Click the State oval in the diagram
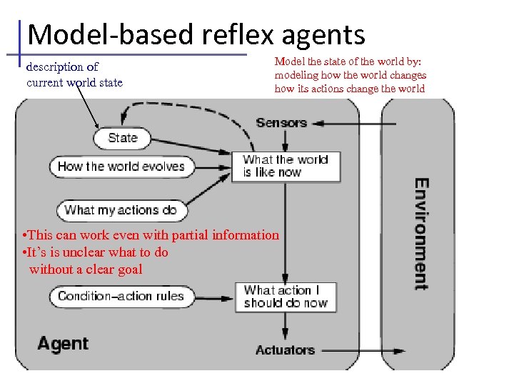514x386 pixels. pyautogui.click(x=122, y=138)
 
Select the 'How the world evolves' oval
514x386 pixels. pyautogui.click(x=121, y=167)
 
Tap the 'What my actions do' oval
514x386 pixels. pyautogui.click(x=120, y=210)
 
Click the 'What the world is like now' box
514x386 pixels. pyautogui.click(x=285, y=167)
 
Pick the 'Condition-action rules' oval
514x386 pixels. pyautogui.click(x=121, y=296)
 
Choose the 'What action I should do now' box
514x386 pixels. pyautogui.click(x=285, y=297)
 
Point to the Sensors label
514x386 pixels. pyautogui.click(x=281, y=123)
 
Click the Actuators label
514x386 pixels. pyautogui.click(x=285, y=350)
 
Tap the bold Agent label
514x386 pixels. pyautogui.click(x=63, y=344)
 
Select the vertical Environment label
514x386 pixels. pyautogui.click(x=421, y=234)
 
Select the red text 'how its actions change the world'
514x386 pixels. pyautogui.click(x=349, y=89)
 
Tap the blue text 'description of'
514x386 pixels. pyautogui.click(x=62, y=67)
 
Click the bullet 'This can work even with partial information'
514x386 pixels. pyautogui.click(x=151, y=234)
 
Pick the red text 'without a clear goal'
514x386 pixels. pyautogui.click(x=86, y=269)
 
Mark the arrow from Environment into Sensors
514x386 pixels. pyautogui.click(x=357, y=124)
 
